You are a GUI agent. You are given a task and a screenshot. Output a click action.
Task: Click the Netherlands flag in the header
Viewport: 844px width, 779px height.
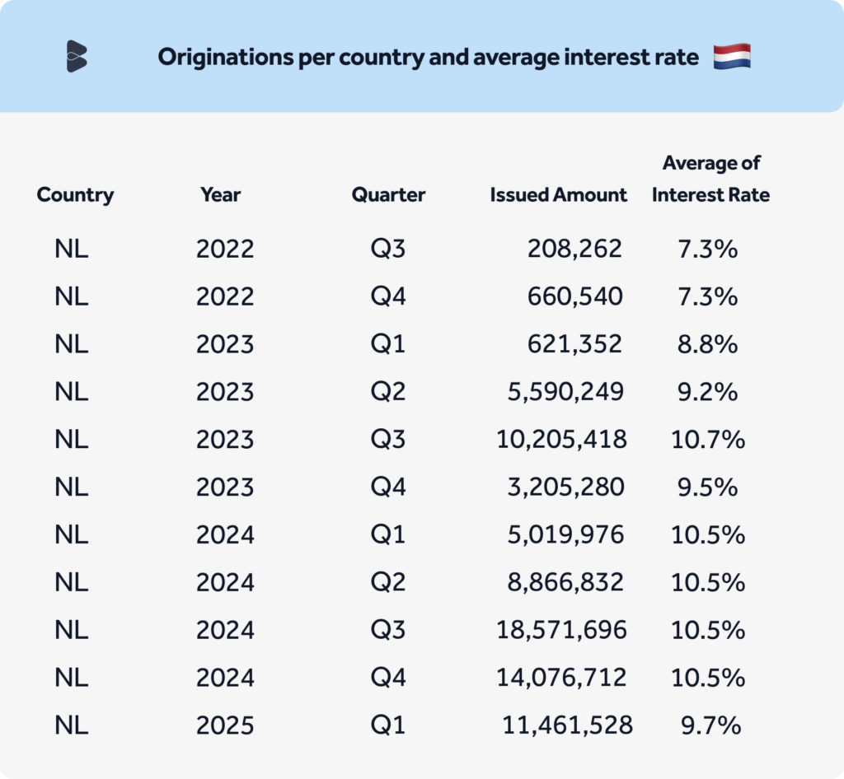coord(732,58)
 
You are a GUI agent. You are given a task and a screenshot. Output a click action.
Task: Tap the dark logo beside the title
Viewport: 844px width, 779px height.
coord(77,56)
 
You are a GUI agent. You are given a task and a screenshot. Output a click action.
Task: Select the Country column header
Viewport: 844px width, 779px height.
coord(75,195)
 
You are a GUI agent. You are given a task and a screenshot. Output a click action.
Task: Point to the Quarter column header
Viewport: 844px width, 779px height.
coord(388,195)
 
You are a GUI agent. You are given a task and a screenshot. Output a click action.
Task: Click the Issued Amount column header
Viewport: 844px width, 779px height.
coord(558,195)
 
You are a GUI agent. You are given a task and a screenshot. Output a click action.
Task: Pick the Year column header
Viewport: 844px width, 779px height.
coord(220,195)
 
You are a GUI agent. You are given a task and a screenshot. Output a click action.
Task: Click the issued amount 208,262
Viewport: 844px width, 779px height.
coord(574,248)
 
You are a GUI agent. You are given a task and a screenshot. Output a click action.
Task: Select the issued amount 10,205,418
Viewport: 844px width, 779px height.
coord(561,439)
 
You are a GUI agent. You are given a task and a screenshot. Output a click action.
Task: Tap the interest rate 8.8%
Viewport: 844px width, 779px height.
coord(707,343)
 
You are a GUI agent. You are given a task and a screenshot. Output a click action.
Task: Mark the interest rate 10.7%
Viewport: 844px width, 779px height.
coord(708,439)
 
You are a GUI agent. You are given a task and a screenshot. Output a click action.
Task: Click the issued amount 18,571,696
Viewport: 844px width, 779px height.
coord(561,630)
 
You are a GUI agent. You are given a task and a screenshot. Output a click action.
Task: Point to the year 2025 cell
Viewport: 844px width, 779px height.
coord(224,725)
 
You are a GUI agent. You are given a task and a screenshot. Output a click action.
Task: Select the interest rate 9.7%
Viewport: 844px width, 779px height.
coord(710,725)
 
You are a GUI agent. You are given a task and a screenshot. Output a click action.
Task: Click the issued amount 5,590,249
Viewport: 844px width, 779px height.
coord(565,391)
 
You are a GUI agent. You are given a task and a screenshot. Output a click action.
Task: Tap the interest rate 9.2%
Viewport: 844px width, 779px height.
coord(707,391)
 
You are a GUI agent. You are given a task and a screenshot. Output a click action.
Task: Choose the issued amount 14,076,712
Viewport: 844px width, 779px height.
coord(561,678)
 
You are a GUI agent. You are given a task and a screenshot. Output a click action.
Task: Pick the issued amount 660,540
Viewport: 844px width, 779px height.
coord(574,296)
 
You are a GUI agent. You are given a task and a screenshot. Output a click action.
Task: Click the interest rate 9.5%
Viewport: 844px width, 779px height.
coord(707,487)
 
